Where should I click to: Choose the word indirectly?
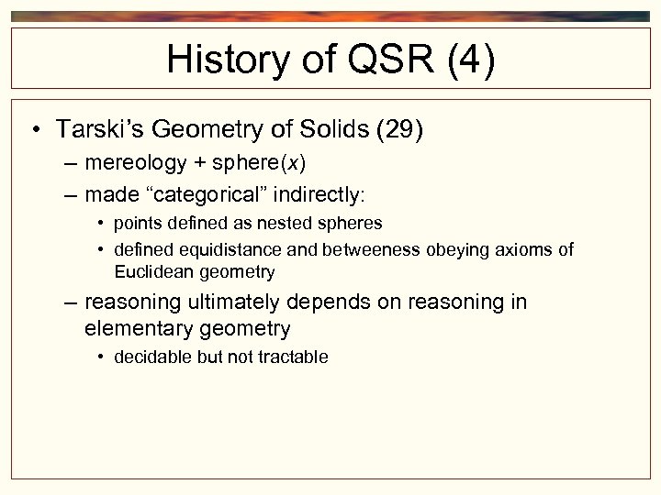316,194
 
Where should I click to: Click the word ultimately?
237,302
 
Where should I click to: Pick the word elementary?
132,328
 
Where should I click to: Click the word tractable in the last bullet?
293,357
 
